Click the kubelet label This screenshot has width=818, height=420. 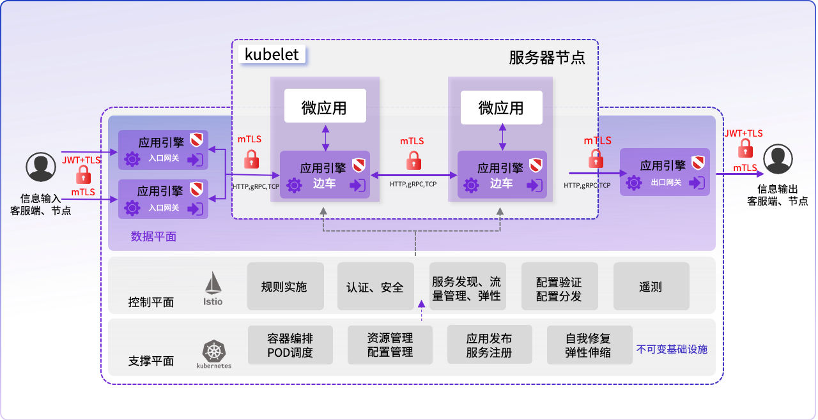[x=272, y=54]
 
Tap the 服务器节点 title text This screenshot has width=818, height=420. [x=546, y=57]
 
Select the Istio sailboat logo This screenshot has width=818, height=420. [x=213, y=287]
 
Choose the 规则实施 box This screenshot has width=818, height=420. [x=284, y=287]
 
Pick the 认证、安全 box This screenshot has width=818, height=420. [x=375, y=287]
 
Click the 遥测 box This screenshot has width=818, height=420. [x=651, y=287]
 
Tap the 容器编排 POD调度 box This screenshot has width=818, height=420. [x=290, y=345]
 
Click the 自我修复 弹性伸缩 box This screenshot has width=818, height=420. [x=588, y=345]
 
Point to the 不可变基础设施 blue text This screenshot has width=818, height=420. [x=672, y=349]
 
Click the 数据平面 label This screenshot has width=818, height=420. [x=153, y=236]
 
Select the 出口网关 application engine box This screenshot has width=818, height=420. [x=665, y=171]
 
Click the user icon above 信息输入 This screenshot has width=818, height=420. [x=41, y=167]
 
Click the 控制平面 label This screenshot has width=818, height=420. [x=151, y=302]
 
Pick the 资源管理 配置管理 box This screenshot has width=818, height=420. [x=390, y=345]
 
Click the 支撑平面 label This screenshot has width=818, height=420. [x=151, y=361]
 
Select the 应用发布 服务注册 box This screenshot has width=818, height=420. [x=489, y=345]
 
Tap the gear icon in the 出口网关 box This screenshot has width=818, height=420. [x=633, y=183]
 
